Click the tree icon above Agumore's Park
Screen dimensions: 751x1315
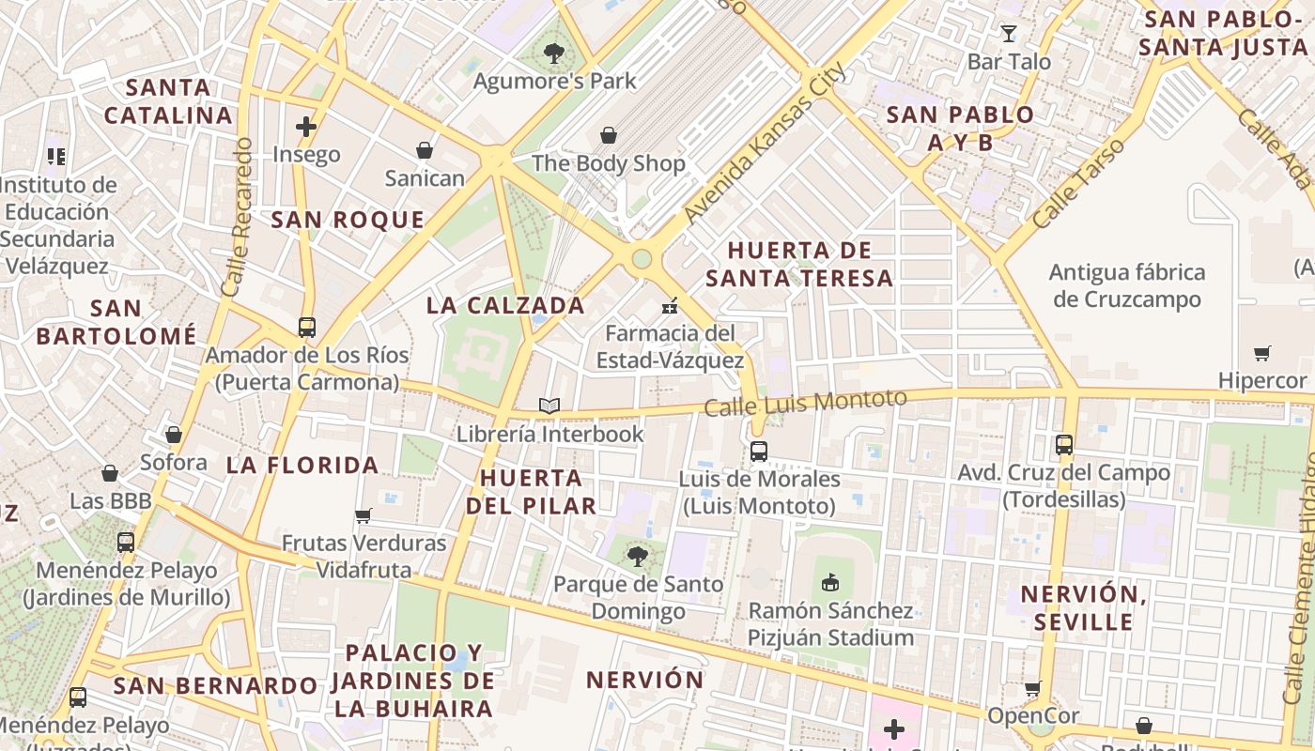click(554, 54)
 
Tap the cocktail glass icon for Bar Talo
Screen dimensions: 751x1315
click(1009, 34)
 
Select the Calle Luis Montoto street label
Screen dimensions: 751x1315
click(805, 404)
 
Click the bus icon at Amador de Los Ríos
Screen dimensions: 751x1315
click(307, 328)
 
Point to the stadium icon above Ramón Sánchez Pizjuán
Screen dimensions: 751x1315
click(829, 583)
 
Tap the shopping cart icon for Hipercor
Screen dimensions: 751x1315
click(1261, 354)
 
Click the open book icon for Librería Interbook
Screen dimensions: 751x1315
click(549, 406)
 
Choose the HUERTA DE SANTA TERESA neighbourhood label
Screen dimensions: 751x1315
click(799, 264)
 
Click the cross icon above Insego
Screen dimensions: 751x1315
click(306, 126)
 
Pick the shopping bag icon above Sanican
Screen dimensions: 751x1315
click(425, 150)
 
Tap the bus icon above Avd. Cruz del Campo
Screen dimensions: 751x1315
click(1063, 445)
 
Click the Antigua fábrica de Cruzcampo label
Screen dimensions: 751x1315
click(1127, 286)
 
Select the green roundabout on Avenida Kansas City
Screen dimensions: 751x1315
click(642, 258)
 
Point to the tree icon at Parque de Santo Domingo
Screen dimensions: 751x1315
click(638, 557)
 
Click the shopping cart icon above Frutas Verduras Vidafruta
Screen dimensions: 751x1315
click(364, 515)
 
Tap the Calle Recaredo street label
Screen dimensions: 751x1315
click(237, 218)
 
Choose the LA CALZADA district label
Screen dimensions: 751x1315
click(505, 305)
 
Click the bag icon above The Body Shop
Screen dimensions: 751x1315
click(609, 135)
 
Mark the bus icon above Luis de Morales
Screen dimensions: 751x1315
click(759, 452)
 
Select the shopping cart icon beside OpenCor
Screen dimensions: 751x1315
click(1032, 688)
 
